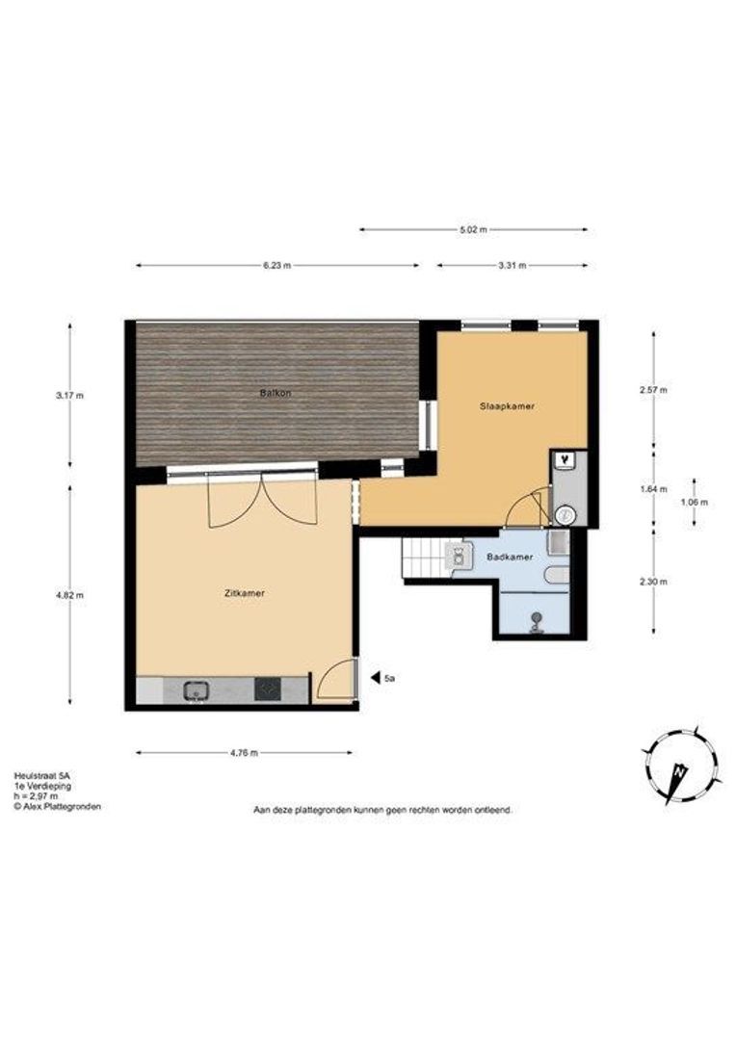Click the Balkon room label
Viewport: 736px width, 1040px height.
(x=275, y=393)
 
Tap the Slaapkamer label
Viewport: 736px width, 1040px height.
(x=507, y=406)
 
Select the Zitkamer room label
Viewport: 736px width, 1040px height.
(x=245, y=593)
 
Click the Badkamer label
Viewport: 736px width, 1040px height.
(x=509, y=558)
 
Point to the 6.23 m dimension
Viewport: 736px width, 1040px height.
(x=276, y=266)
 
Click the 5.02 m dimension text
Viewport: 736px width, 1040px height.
(x=473, y=229)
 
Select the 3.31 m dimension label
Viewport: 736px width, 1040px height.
(x=512, y=266)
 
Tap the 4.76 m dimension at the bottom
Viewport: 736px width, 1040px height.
(x=244, y=752)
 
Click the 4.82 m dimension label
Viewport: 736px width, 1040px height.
(x=70, y=595)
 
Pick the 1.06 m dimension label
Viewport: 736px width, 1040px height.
(x=695, y=502)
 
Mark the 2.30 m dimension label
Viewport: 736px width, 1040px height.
(x=654, y=582)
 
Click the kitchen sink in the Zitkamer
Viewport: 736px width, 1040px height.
(x=197, y=689)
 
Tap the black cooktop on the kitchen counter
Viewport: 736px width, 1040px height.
(x=268, y=689)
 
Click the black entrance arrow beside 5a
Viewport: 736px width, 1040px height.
(x=375, y=678)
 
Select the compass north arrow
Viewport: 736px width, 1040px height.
(x=678, y=772)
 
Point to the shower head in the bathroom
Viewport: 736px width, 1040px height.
(x=534, y=623)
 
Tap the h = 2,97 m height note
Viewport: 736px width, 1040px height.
(x=36, y=796)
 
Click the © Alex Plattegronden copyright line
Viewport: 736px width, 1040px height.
(x=58, y=807)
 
